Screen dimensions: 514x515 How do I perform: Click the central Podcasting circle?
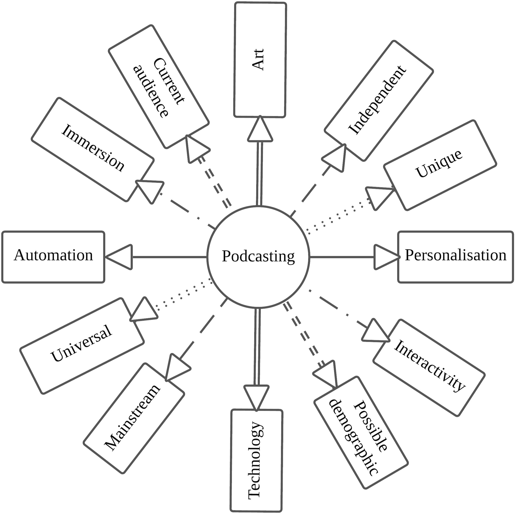pyautogui.click(x=258, y=257)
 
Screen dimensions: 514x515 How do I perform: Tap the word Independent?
pyautogui.click(x=377, y=100)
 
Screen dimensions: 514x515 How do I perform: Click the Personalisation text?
pyautogui.click(x=455, y=255)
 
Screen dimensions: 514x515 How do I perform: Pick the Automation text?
pyautogui.click(x=53, y=255)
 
